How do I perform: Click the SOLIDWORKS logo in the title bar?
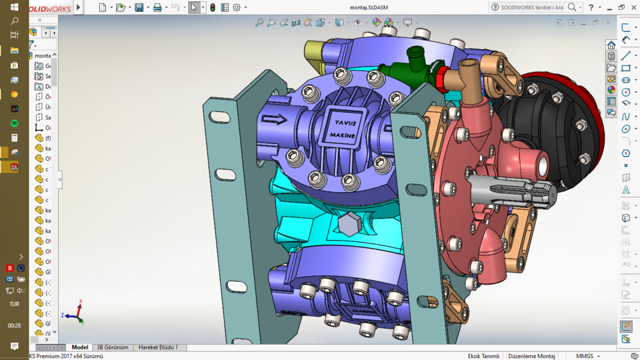coord(50,8)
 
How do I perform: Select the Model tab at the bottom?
coord(80,347)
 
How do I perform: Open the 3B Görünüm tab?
coord(112,347)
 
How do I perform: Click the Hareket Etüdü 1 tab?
coord(158,347)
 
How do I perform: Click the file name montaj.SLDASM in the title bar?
coord(369,8)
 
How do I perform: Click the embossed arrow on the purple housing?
coord(274,120)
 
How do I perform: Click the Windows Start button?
coord(14,7)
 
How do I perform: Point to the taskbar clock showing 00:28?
coord(14,325)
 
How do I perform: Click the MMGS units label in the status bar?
coord(585,356)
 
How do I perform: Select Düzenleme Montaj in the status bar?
coord(531,356)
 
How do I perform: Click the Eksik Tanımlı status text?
coord(483,356)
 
